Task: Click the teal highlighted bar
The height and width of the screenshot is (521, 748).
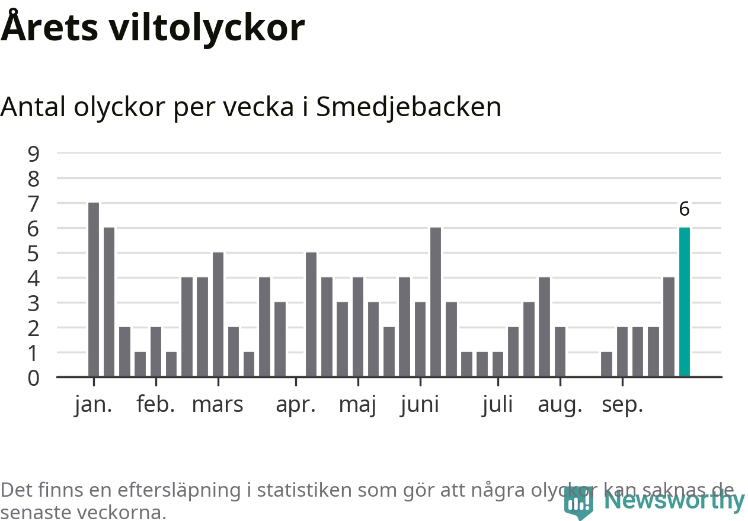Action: point(684,302)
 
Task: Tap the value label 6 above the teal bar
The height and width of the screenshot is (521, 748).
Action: point(684,209)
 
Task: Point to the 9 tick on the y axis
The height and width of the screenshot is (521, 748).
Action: point(34,154)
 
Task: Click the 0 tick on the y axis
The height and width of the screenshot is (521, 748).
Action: point(34,378)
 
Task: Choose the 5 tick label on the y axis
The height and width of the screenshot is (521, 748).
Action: point(34,253)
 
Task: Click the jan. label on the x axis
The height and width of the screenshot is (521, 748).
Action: point(94,405)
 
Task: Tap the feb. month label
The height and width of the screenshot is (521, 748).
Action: point(156,405)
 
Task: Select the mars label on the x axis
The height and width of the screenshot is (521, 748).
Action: point(218,405)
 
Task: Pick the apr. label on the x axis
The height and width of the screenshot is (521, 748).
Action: point(296,405)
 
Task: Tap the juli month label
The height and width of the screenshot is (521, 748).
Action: point(497,405)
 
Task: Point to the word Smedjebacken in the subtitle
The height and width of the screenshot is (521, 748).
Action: point(408,107)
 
